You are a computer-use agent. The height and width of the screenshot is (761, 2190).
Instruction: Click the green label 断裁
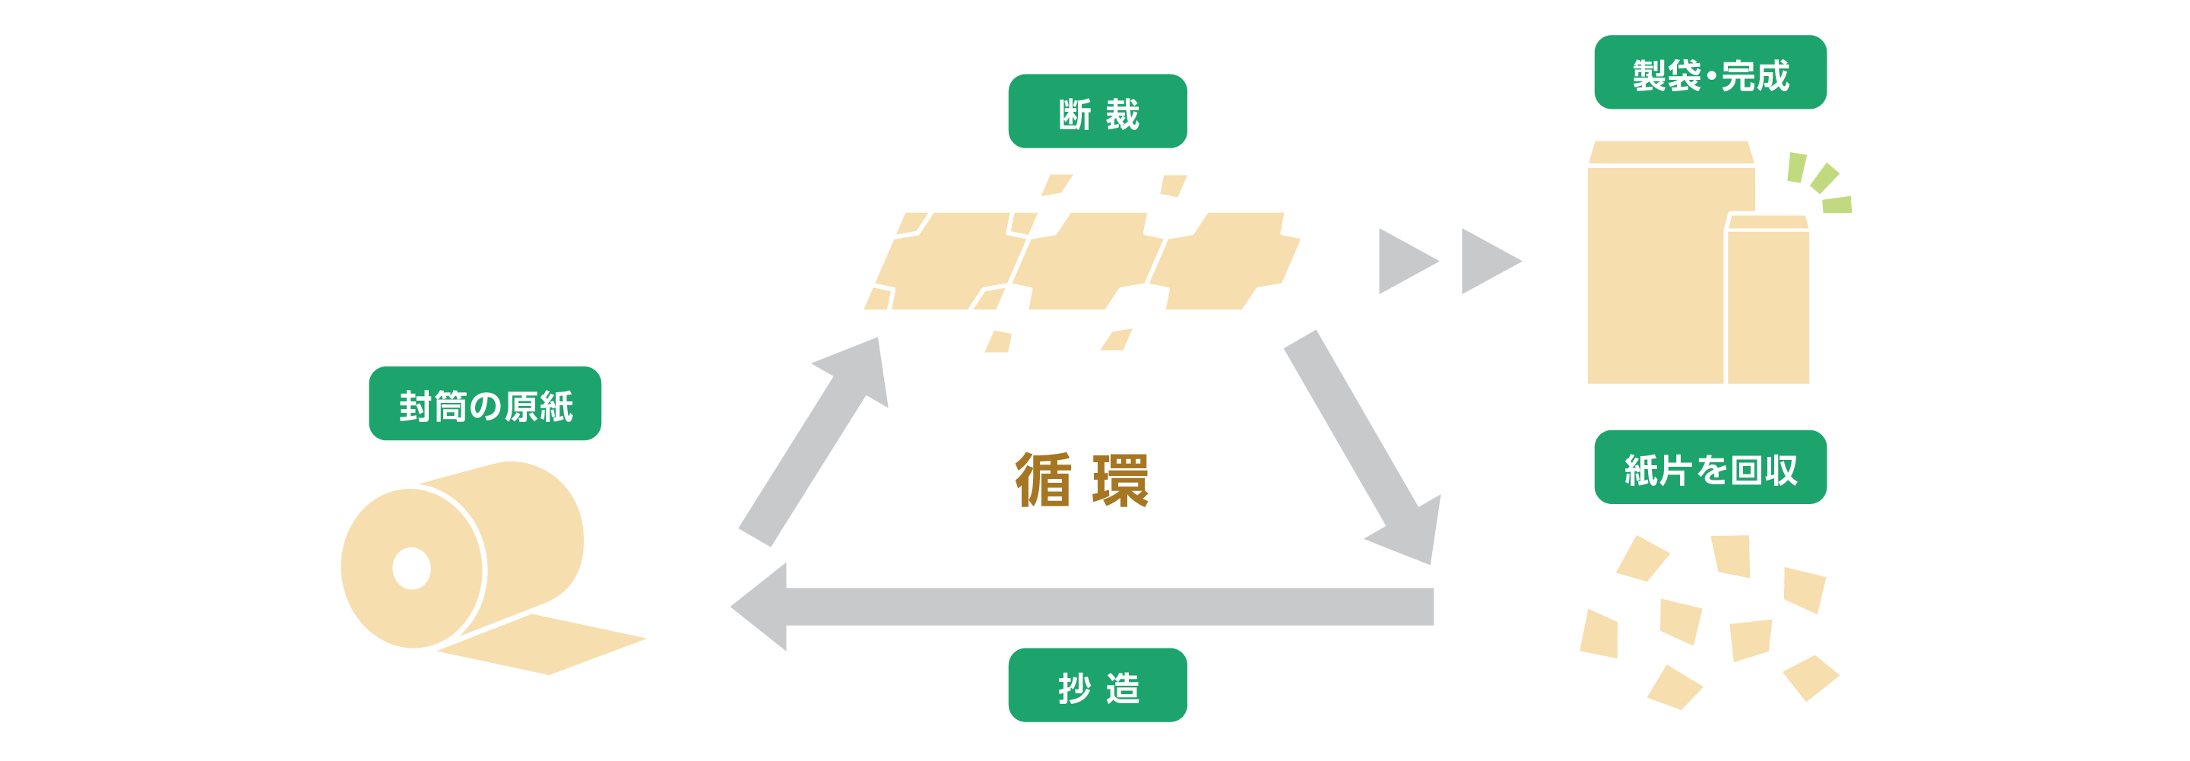(x=1097, y=112)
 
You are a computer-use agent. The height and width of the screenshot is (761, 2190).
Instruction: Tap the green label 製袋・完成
(x=1710, y=72)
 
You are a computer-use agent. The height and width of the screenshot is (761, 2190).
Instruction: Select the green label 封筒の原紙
(x=484, y=403)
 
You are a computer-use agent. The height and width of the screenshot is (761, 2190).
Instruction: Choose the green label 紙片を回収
(x=1710, y=467)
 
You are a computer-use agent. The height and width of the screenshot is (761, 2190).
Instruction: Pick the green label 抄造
(x=1097, y=684)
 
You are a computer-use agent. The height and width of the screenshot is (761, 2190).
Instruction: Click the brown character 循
(x=1042, y=480)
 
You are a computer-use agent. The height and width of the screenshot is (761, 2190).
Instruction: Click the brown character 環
(x=1120, y=480)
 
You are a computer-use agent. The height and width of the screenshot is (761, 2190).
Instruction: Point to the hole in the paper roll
(x=411, y=568)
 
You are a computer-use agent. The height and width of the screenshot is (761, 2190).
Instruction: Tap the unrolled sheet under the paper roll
(x=544, y=645)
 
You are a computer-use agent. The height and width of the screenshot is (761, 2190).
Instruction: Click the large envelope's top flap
(x=1671, y=153)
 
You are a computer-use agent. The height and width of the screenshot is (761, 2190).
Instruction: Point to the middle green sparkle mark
(x=1824, y=179)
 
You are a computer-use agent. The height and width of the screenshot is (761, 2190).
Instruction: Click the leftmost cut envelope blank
(x=952, y=261)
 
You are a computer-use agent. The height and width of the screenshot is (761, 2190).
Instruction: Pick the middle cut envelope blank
(x=1089, y=261)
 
